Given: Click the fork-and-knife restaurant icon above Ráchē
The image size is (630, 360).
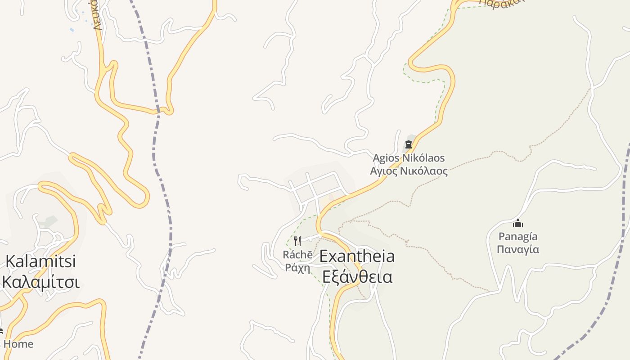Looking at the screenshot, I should click(297, 241).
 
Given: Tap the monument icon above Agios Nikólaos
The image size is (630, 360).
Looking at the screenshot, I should click(409, 144).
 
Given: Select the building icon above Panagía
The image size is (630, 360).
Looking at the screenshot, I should click(518, 223).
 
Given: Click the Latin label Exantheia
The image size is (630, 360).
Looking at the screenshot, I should click(357, 256).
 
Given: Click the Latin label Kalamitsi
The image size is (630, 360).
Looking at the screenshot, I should click(40, 261).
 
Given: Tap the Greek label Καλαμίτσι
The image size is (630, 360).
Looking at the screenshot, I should click(41, 282).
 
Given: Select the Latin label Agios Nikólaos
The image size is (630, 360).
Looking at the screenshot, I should click(409, 158).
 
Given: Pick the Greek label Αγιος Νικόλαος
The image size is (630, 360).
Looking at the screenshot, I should click(409, 171).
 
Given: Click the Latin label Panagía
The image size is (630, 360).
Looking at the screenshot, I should click(518, 236).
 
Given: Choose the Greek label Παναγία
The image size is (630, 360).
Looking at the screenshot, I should click(518, 249).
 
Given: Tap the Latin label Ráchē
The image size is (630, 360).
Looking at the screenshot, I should click(297, 255).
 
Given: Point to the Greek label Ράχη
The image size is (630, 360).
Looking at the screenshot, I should click(297, 268).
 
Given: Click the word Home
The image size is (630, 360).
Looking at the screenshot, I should click(18, 344).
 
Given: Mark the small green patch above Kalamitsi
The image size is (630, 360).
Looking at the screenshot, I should click(48, 221).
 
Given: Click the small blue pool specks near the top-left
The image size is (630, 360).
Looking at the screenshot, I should click(72, 30).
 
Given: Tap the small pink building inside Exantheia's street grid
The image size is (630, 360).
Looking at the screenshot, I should click(332, 198).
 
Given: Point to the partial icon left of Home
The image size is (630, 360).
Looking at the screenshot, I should click(1, 332).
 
